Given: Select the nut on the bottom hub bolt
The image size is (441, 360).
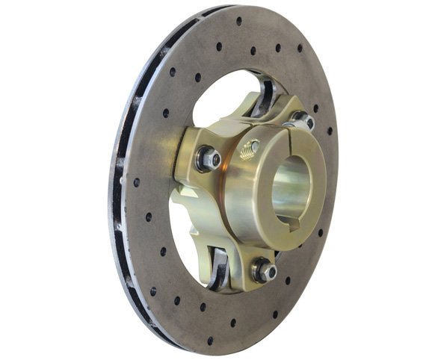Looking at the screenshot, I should [x=264, y=270].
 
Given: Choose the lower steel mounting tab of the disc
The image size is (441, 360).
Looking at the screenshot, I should [x=218, y=269].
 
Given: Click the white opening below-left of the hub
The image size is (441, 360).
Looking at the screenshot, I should [x=187, y=239].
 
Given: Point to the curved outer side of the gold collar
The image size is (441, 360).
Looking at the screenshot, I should [x=239, y=194].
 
